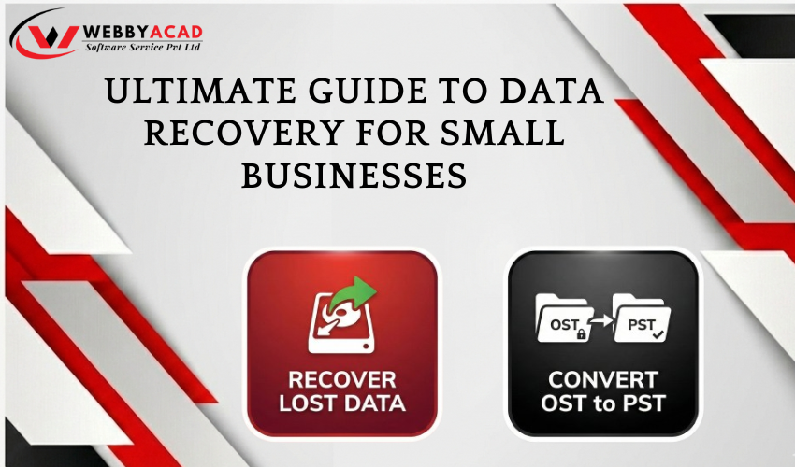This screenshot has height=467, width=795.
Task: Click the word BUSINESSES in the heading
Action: click(354, 175)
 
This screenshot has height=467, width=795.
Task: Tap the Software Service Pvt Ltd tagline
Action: click(142, 47)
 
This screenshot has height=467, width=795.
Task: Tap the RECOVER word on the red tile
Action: click(342, 380)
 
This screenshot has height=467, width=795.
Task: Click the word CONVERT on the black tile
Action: click(603, 381)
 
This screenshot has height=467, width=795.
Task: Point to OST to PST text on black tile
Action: click(603, 405)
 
